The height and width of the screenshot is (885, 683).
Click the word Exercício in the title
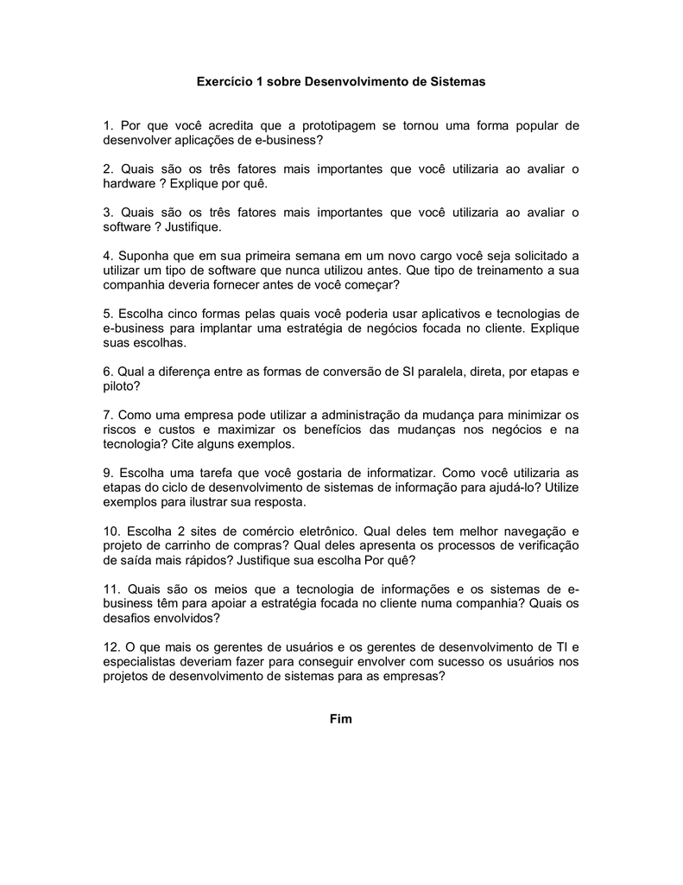(222, 82)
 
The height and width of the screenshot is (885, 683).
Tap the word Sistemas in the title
(458, 82)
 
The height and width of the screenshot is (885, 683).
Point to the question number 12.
(111, 647)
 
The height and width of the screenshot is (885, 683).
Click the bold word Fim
(341, 720)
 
